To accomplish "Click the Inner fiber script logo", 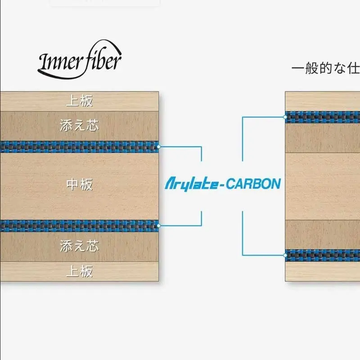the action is tap(80, 60).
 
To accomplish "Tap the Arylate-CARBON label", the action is tap(223, 184).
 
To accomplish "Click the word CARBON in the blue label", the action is tap(253, 184).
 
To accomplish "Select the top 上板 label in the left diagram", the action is tap(80, 101).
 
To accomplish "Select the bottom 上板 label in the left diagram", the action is tap(80, 271).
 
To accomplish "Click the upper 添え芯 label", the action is tap(79, 126).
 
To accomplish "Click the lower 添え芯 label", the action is tap(79, 246).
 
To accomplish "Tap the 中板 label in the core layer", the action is tap(80, 184).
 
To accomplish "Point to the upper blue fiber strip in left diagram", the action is tap(80, 147).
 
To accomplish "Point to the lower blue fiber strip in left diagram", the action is tap(80, 226).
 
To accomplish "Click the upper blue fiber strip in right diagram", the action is tap(323, 117).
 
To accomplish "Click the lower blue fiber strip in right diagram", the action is tap(323, 255).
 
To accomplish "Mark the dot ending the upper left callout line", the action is tap(159, 147).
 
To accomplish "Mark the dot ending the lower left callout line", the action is tap(159, 226).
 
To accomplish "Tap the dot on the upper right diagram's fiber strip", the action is tap(285, 117).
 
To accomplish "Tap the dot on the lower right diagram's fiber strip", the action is tap(285, 255).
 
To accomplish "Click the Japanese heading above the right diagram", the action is tap(325, 68).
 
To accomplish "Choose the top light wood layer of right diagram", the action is tap(323, 102).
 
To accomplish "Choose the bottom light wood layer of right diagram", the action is tap(323, 271).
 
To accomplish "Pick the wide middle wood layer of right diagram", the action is tap(323, 186).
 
